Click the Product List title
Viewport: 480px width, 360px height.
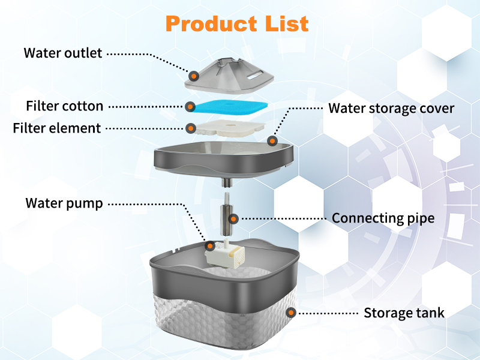[x=237, y=23]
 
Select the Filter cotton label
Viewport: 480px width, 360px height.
[x=65, y=106]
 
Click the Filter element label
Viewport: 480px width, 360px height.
[x=57, y=128]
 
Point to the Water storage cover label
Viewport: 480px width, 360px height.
[x=391, y=109]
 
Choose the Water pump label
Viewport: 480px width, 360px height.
[x=64, y=203]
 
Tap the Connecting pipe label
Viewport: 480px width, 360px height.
[x=383, y=218]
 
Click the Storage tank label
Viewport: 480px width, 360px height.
[x=404, y=313]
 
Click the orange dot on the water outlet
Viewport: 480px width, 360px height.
[x=194, y=76]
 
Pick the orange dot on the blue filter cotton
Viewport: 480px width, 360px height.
[x=190, y=107]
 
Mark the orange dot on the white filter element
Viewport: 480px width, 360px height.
[x=190, y=128]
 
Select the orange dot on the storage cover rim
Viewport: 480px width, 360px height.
[x=272, y=142]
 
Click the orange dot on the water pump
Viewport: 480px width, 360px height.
[x=210, y=245]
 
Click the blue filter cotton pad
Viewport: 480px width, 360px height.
[x=228, y=108]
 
